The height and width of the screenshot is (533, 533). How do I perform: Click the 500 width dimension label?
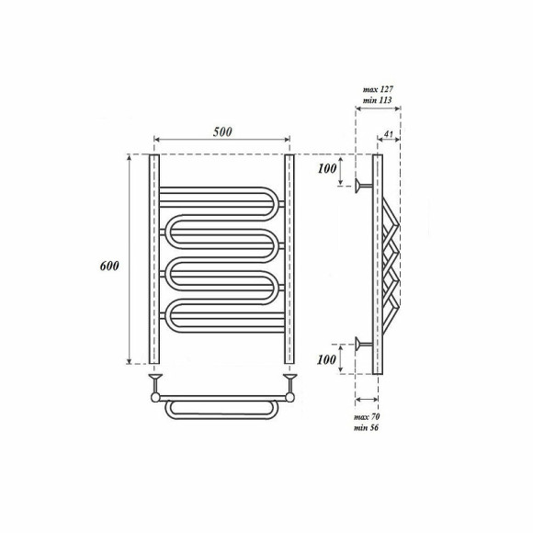coord(222,131)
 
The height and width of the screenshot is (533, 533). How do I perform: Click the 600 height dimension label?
coord(109,266)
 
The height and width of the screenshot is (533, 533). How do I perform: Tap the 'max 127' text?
coord(378,89)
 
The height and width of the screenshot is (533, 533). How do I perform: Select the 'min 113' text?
coord(378,100)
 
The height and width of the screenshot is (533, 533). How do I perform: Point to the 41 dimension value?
coord(388,134)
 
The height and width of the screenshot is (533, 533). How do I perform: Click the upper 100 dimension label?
coord(327,168)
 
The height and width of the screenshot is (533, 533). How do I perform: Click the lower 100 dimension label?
coord(326,359)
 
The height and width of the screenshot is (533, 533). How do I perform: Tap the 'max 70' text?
coord(367,416)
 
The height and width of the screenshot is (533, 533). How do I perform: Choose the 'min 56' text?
coord(366,427)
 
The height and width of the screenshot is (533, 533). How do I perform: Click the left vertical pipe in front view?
coord(154,259)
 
